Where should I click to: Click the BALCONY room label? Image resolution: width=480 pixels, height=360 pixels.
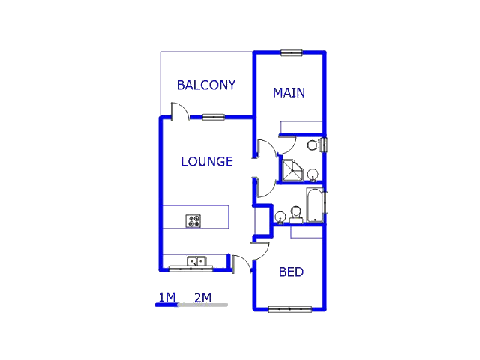(x=205, y=85)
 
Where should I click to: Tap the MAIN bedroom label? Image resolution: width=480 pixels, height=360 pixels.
(x=289, y=93)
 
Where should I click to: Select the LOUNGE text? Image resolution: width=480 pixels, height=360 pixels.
(x=207, y=161)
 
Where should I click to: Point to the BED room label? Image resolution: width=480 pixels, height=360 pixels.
(x=291, y=271)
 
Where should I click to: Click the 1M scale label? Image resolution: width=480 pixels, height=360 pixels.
(x=166, y=297)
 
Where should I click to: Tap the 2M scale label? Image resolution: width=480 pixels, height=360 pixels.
(x=202, y=297)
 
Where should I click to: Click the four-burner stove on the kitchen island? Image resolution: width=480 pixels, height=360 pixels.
(x=193, y=221)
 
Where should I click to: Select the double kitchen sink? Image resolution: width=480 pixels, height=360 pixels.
(x=196, y=262)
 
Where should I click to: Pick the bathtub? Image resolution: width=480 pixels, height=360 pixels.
(x=315, y=206)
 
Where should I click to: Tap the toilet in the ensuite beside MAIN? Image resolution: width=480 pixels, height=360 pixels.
(x=316, y=144)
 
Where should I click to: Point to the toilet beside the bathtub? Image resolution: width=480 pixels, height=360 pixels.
(x=296, y=214)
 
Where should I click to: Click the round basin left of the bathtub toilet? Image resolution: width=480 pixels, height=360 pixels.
(x=280, y=217)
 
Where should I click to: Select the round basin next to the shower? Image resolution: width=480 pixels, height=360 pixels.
(x=313, y=175)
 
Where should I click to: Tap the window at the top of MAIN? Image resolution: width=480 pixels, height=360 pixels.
(x=291, y=52)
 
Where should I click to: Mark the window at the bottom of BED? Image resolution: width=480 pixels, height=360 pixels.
(x=290, y=308)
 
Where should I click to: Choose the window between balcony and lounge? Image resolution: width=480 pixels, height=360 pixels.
(x=213, y=117)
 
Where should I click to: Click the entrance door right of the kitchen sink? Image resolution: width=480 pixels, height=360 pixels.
(x=241, y=265)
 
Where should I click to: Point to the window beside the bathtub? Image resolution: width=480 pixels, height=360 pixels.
(x=326, y=202)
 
